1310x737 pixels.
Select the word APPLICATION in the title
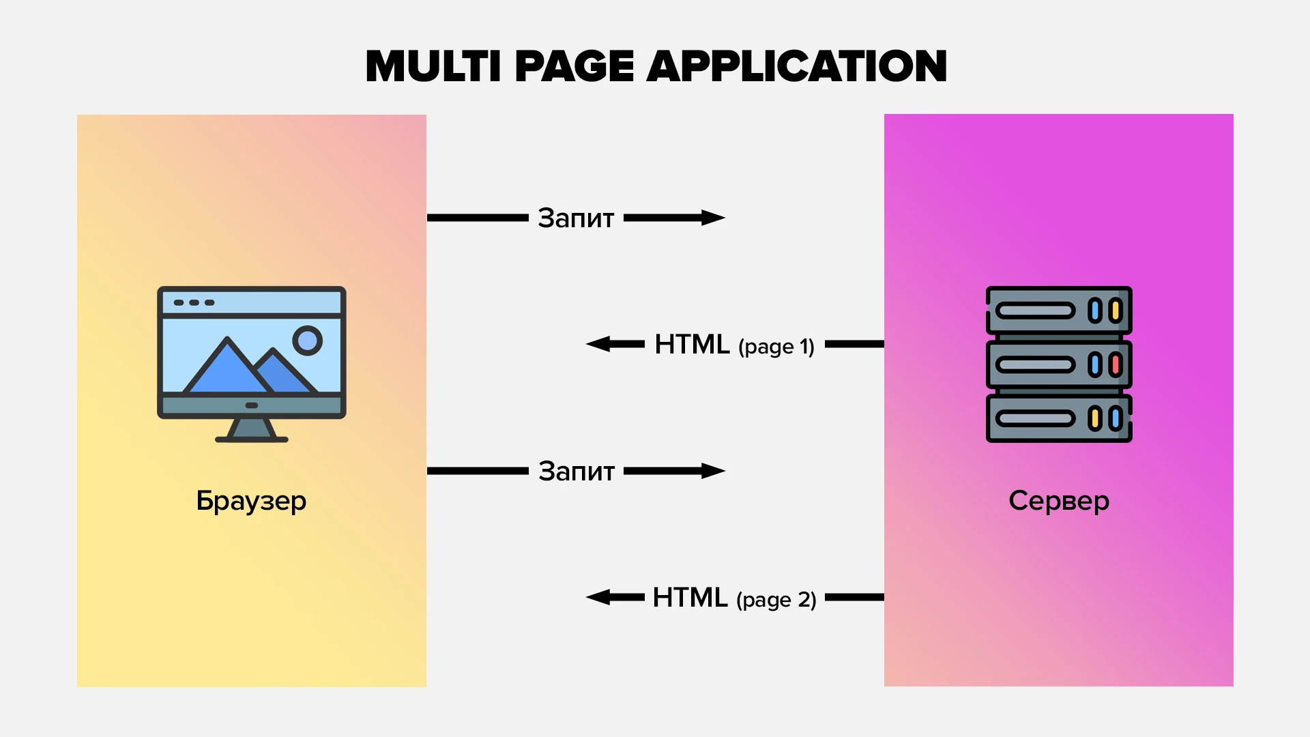click(796, 66)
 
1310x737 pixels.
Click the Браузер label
click(251, 501)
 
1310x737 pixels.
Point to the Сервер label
click(1059, 501)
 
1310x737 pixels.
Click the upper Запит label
click(576, 218)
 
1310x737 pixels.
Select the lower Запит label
click(577, 472)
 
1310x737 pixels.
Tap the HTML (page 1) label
click(734, 345)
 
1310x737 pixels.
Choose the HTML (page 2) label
click(734, 598)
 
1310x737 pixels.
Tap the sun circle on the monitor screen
click(308, 340)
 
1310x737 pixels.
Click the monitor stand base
click(252, 438)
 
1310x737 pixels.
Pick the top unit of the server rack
click(1059, 310)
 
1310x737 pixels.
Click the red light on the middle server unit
click(1116, 364)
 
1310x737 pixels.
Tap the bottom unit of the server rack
click(1059, 418)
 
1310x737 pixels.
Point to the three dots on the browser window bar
click(194, 302)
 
